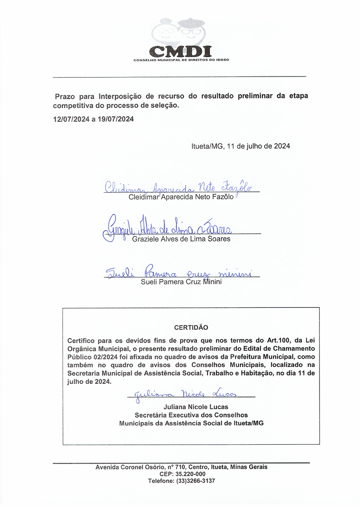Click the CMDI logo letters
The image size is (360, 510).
(180, 50)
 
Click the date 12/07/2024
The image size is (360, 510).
(71, 119)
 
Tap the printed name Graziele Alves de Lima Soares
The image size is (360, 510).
(181, 239)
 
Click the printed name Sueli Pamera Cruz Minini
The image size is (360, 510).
(181, 283)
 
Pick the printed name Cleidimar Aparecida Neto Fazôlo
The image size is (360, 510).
(181, 197)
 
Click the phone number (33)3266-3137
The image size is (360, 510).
(196, 481)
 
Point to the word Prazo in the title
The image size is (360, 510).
(64, 96)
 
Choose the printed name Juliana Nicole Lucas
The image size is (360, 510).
(190, 407)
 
